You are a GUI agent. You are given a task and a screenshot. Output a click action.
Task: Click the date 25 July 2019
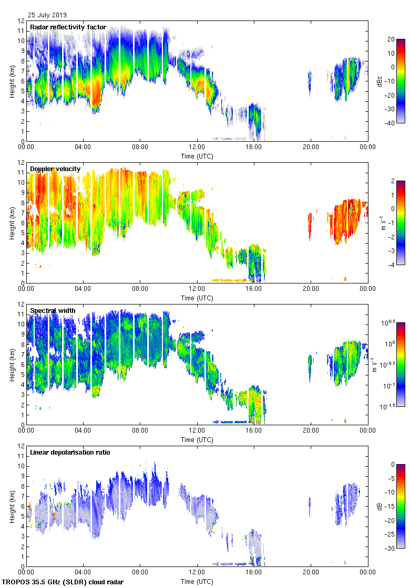coord(47,15)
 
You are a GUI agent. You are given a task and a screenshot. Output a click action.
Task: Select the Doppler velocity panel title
coord(55,169)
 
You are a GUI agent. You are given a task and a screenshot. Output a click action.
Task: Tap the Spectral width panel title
coord(53,311)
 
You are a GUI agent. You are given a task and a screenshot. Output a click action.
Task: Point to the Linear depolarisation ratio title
coord(70,453)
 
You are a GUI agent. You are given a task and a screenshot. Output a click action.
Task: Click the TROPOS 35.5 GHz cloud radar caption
coord(63,582)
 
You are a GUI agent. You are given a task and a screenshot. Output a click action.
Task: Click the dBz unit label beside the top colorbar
coord(380,81)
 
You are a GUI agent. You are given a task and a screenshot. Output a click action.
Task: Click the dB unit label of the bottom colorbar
coord(380,506)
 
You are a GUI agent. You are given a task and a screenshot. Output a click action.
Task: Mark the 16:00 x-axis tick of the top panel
coord(254,148)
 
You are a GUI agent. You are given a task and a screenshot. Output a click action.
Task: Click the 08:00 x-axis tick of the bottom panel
coord(140,573)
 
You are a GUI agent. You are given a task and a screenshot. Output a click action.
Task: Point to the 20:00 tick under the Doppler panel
coord(311,289)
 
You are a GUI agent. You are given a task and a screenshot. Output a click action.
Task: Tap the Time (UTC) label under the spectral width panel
coord(197,439)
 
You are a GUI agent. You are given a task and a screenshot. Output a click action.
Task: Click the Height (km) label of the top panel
coord(12,81)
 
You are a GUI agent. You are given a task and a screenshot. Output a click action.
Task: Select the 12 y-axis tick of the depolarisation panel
coord(22,446)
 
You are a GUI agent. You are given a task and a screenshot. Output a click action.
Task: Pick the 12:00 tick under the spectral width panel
coord(197,431)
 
